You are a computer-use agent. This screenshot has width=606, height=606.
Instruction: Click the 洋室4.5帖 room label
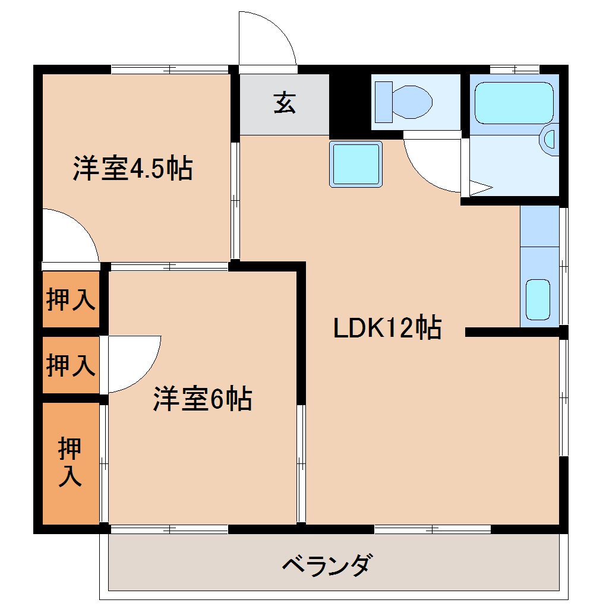[132, 168]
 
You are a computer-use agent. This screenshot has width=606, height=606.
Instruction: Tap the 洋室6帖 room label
[203, 399]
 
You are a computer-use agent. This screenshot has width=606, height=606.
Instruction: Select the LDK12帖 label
[387, 327]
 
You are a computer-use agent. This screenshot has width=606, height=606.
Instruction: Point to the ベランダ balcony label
[328, 564]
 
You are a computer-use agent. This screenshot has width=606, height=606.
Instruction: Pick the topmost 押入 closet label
[71, 299]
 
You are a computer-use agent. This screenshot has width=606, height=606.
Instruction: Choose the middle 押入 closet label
[71, 365]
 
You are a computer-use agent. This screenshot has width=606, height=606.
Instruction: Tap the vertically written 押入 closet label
[70, 462]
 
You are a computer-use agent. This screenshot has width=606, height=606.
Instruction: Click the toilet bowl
[412, 102]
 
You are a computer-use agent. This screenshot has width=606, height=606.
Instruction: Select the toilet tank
[383, 102]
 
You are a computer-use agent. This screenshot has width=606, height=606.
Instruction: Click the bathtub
[514, 103]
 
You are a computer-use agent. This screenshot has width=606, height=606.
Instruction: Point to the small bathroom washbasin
[549, 140]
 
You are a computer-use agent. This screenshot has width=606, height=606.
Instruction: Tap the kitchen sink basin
[538, 299]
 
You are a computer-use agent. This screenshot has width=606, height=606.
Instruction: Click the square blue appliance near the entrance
[356, 164]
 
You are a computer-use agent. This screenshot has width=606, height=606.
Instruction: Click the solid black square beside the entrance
[348, 105]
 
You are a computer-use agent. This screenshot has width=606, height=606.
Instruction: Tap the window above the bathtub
[515, 70]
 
